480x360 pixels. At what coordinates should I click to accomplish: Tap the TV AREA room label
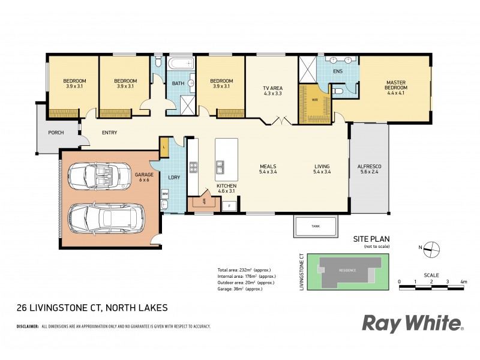click(x=272, y=91)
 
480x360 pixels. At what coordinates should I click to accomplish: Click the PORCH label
click(x=56, y=133)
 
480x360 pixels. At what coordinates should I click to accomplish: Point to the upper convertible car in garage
click(x=97, y=176)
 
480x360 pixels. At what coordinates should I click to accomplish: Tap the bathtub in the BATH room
click(x=179, y=64)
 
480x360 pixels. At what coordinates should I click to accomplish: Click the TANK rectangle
click(x=315, y=226)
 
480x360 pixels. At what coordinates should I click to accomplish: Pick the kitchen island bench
click(x=226, y=159)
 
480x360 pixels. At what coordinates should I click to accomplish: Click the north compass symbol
click(x=431, y=247)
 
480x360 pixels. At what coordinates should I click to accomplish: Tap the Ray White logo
click(x=413, y=323)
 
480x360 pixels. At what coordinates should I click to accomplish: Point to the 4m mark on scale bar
click(x=463, y=281)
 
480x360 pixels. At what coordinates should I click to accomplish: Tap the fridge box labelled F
click(x=229, y=206)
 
